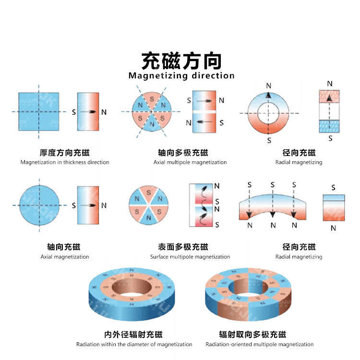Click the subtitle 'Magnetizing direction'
pos(181,76)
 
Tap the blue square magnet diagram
pos(39,112)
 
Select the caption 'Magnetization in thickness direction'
pos(65,162)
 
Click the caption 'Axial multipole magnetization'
pos(190,162)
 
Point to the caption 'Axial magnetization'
pos(65,257)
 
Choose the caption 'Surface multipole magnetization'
pos(190,257)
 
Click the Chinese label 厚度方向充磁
pos(65,153)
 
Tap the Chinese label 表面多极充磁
pos(183,247)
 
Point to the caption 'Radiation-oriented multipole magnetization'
pos(260,344)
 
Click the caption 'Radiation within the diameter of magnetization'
pos(134,344)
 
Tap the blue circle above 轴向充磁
pos(39,205)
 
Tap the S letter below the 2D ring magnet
pos(269,140)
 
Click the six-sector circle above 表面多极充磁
pos(149,205)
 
